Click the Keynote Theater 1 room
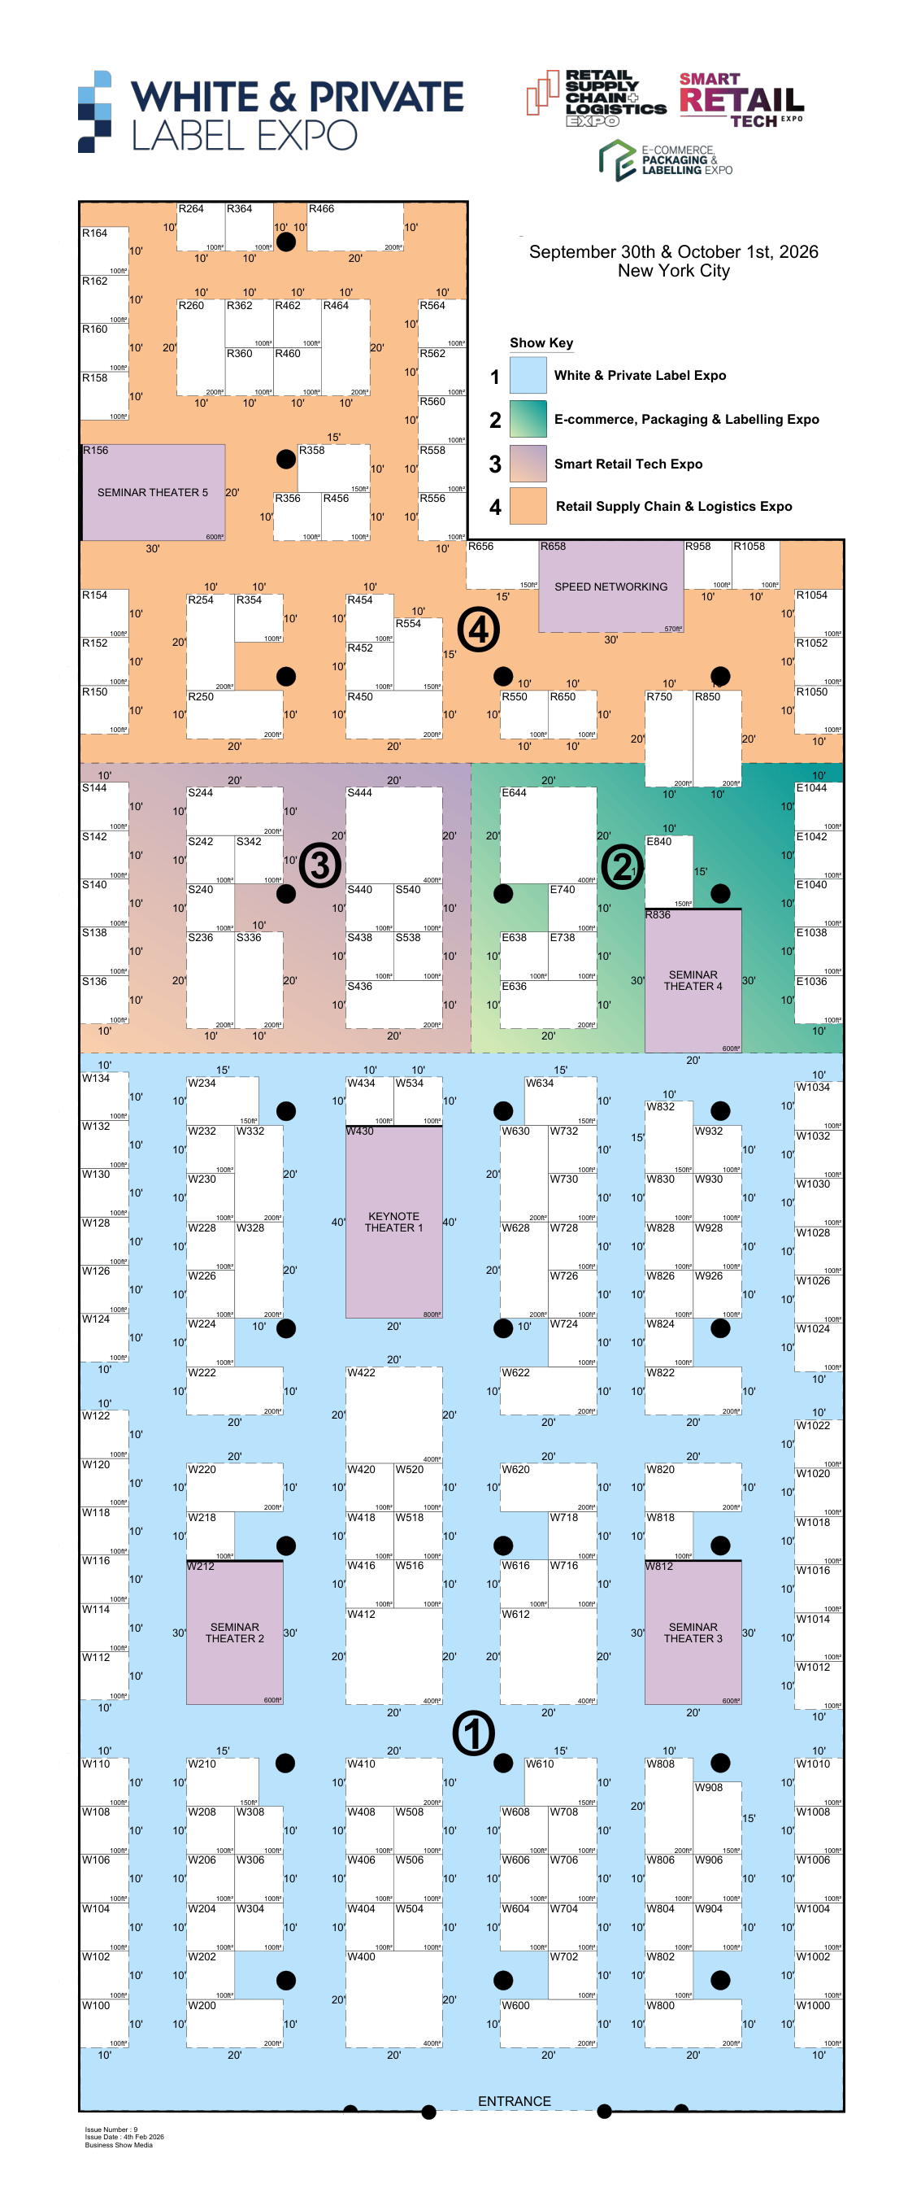tap(393, 1221)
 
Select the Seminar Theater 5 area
tap(153, 492)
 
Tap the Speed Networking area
tap(610, 586)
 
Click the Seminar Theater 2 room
tap(235, 1633)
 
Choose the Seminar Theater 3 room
tap(693, 1633)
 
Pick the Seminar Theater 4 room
tap(693, 979)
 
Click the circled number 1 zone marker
tap(473, 1733)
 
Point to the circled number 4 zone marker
tap(478, 630)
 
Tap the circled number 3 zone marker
tap(319, 865)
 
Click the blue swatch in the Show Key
tap(528, 375)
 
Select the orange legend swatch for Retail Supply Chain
tap(528, 505)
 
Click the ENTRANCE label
tap(514, 2101)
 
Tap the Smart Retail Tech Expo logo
tap(741, 100)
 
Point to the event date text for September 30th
tap(673, 252)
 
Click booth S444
tap(393, 835)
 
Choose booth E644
tap(548, 835)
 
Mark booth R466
tap(354, 227)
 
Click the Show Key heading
tap(541, 342)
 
